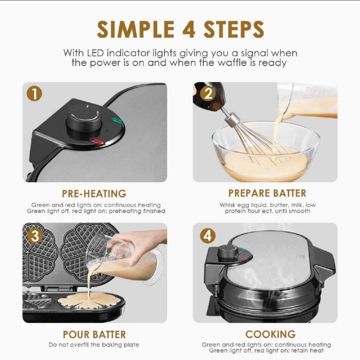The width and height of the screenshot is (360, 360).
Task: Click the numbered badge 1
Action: tap(34, 94)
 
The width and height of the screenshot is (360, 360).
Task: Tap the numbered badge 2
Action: tap(208, 94)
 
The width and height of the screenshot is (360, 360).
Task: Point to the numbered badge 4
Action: tap(208, 236)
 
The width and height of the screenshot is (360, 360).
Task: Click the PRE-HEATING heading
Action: tap(94, 194)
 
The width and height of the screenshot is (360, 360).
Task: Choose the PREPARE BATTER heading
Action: tap(267, 193)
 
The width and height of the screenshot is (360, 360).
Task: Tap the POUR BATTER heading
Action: tap(94, 335)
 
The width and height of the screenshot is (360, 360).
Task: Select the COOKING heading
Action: tap(270, 334)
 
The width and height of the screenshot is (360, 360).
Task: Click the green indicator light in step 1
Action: tap(117, 120)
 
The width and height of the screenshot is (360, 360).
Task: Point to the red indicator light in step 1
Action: tap(97, 142)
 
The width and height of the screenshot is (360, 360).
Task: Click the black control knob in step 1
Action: tap(84, 119)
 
